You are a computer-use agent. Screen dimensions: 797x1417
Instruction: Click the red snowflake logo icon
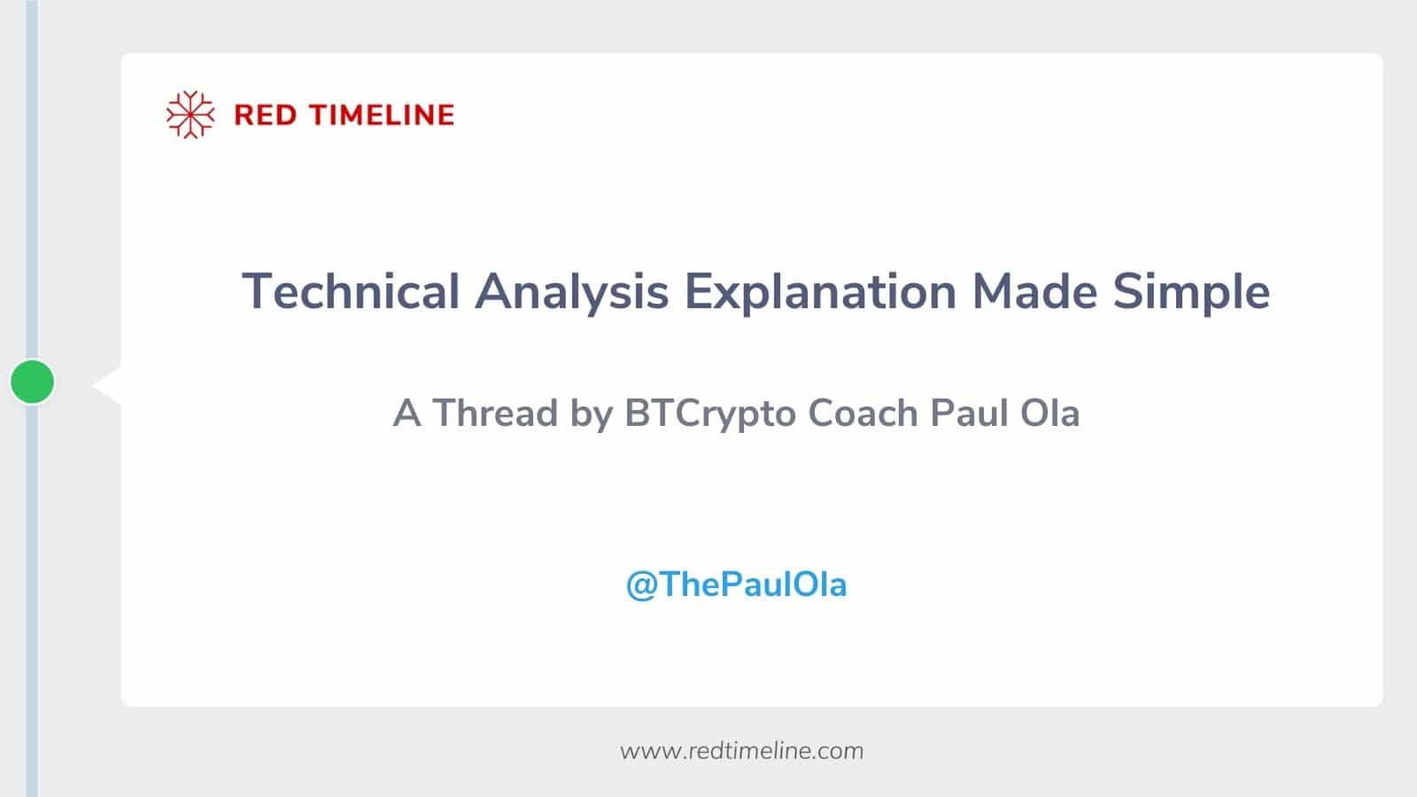pos(190,115)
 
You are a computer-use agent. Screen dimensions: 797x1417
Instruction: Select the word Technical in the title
pos(351,291)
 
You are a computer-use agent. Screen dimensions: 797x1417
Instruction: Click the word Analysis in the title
pos(571,291)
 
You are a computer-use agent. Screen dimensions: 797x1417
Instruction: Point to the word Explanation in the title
pos(820,291)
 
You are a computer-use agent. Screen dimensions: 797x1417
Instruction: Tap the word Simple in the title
pos(1191,291)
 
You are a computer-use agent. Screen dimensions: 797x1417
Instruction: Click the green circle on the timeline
pos(33,382)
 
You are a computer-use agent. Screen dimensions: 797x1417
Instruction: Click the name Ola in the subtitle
pos(1049,414)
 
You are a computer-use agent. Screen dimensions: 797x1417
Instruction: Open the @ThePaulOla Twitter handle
pos(736,584)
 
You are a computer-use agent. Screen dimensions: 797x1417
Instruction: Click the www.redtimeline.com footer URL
pos(741,751)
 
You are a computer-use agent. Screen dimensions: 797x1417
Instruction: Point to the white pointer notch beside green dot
pos(109,385)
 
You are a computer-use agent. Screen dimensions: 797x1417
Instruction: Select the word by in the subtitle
pos(591,414)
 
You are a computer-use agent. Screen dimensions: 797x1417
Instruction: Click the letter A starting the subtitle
pos(407,414)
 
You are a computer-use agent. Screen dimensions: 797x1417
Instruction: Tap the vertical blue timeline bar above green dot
pos(32,177)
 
